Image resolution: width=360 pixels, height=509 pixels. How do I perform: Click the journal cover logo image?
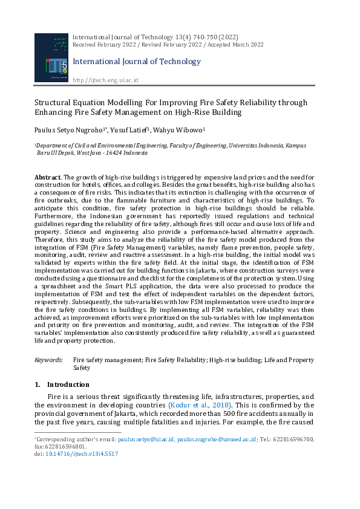pos(51,57)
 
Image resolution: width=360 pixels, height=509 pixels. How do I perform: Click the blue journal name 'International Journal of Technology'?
pos(137,62)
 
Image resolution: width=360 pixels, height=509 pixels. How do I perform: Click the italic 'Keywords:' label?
pos(48,360)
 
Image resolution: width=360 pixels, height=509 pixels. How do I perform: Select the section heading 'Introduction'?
pos(68,384)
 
